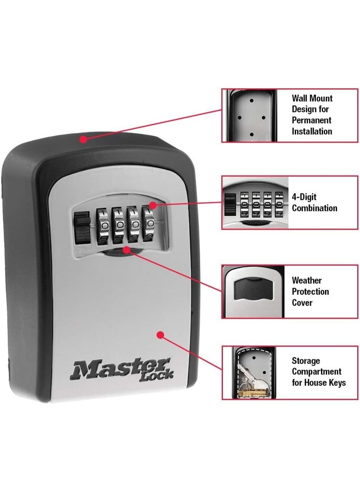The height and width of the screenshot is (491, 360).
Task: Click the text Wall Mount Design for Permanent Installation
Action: point(312,115)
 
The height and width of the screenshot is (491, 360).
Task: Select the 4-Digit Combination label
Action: point(314,203)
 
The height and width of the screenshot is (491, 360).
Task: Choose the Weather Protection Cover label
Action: point(310,292)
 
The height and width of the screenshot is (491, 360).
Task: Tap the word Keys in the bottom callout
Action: point(335,383)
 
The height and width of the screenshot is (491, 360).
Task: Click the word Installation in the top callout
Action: point(312,131)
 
